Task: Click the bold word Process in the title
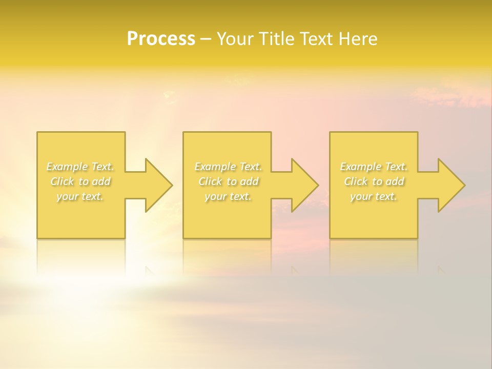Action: click(161, 39)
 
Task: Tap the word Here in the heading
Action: click(358, 39)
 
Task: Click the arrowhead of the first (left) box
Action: click(159, 185)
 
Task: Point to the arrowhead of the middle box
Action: click(305, 185)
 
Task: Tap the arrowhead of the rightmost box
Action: click(452, 185)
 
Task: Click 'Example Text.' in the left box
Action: click(80, 167)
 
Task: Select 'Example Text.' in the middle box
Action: click(228, 167)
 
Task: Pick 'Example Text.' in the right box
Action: click(374, 167)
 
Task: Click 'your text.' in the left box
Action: click(80, 196)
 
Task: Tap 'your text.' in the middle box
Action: click(228, 196)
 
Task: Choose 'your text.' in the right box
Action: click(374, 196)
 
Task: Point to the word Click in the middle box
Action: click(210, 181)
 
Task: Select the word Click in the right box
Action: click(356, 181)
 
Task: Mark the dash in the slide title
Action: click(206, 39)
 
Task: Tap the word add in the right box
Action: click(395, 181)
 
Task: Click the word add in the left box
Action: click(101, 181)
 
